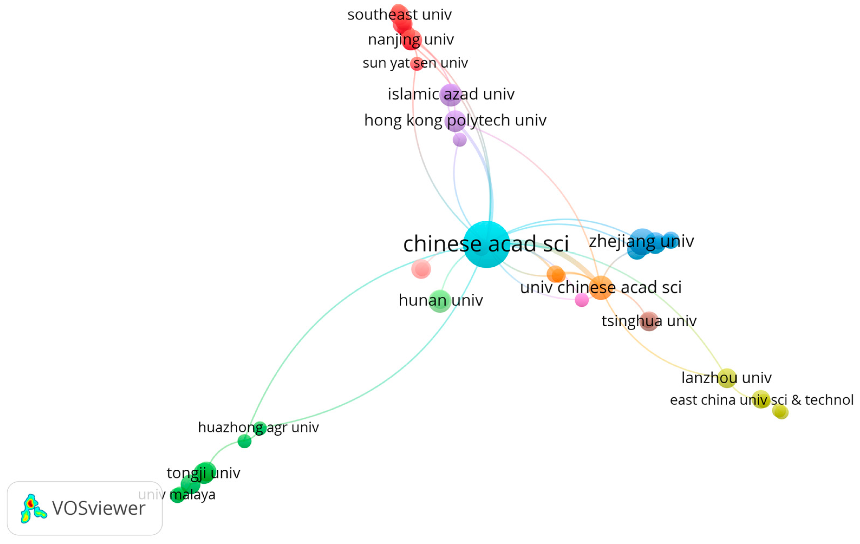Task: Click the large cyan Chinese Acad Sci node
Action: coord(487,244)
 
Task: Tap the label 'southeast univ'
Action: coord(399,15)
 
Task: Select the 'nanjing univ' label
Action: coord(411,39)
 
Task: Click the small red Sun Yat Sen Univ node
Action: coord(417,64)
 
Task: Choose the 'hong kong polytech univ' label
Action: coord(455,120)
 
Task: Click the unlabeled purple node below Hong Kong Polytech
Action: coord(460,140)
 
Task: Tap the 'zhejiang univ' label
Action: coord(641,241)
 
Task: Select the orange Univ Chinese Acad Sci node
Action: coord(601,288)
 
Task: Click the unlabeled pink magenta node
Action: coord(582,300)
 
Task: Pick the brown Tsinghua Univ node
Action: coord(649,321)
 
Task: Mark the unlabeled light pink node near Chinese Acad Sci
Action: coord(421,269)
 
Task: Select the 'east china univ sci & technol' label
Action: coord(761,400)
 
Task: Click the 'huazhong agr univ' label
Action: coord(258,427)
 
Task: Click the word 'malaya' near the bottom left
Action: coord(192,495)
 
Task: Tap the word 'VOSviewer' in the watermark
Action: coord(99,508)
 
